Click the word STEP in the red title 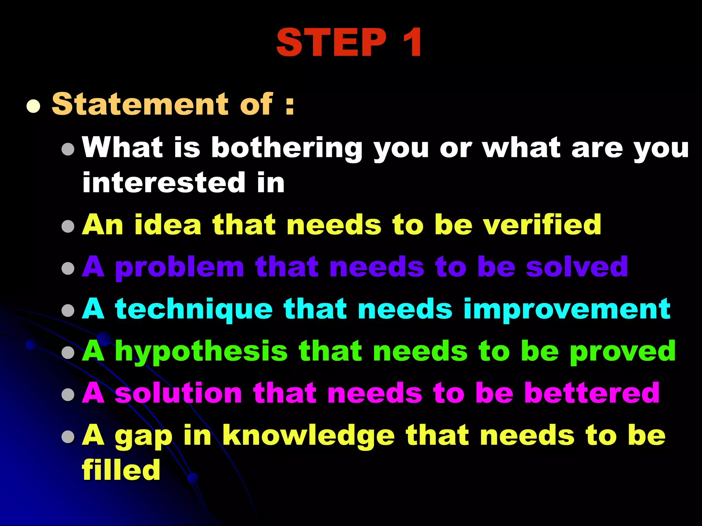331,42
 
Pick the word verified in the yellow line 542,225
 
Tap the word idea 168,225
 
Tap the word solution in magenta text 178,393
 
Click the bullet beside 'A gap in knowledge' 68,436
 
